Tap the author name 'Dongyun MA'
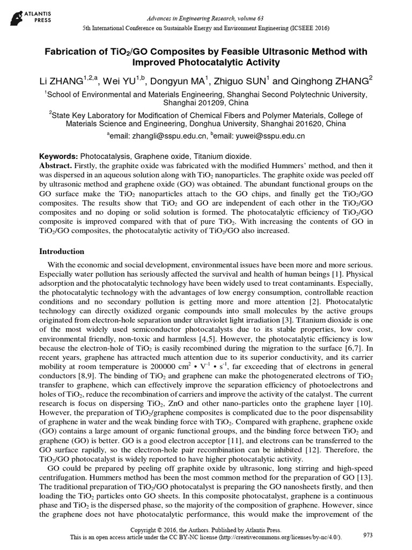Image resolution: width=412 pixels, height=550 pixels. tap(169, 82)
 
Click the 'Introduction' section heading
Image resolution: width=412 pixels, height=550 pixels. tap(62, 251)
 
